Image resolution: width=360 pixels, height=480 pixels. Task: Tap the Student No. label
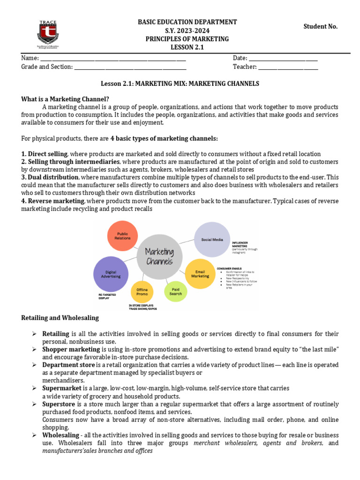click(321, 27)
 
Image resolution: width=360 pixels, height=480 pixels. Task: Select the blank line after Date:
click(283, 58)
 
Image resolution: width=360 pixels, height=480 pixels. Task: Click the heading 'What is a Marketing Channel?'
click(65, 99)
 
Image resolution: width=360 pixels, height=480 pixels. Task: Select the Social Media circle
click(212, 240)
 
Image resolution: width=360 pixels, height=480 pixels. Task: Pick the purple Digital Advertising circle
click(111, 274)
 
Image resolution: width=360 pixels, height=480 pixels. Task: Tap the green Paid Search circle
click(176, 291)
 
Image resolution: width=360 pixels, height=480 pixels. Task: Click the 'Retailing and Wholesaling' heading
click(60, 318)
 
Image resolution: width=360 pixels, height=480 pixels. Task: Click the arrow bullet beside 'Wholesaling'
click(34, 436)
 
